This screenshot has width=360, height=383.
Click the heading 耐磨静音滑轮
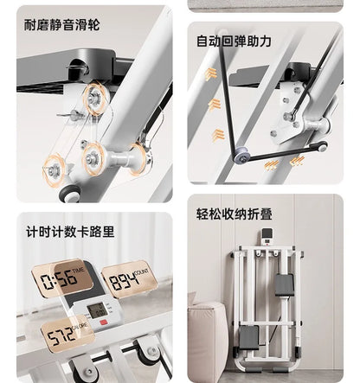coord(61,25)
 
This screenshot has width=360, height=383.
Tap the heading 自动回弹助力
coord(234,41)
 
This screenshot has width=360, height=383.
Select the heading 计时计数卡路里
coord(70,232)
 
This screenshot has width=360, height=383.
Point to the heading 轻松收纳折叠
coord(235,214)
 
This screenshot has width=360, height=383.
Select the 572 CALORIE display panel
coord(67,334)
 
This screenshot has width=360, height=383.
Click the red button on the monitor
coord(103,322)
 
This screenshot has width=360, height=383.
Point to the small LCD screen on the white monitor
coord(95,310)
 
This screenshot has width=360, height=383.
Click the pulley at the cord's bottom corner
coord(242,156)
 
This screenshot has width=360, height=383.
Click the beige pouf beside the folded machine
coord(206,340)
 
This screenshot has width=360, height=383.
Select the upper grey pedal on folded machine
coord(284,285)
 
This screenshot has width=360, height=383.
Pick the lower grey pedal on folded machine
coord(249,337)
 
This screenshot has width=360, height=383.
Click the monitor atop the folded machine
coord(267,237)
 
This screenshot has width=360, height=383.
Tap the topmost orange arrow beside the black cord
coord(211,73)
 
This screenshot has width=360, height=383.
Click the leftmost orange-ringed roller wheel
coord(54,171)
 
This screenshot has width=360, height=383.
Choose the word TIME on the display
coord(78,271)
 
